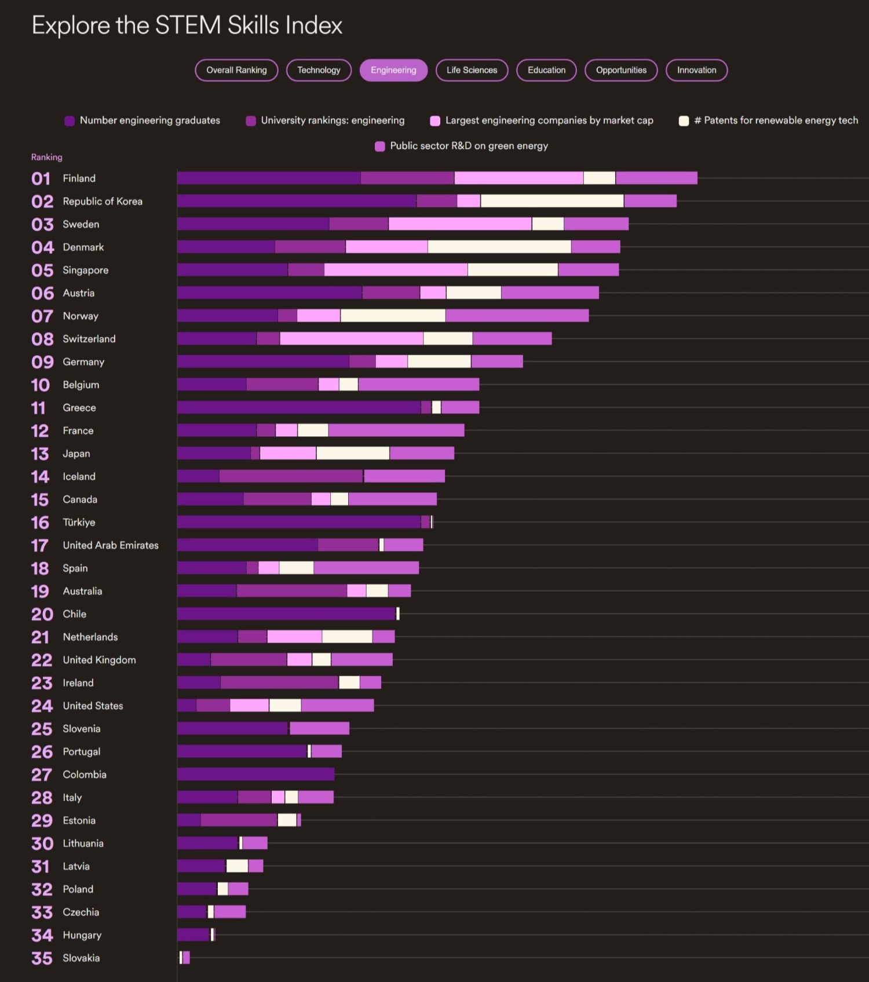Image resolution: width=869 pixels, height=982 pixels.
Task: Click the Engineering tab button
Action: (393, 70)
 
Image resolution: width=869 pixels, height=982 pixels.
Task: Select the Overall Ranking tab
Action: (236, 70)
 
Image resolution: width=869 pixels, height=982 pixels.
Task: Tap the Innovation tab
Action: (696, 70)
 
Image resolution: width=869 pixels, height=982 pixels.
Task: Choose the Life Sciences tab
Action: (472, 70)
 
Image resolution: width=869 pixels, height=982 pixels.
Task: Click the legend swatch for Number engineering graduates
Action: (70, 121)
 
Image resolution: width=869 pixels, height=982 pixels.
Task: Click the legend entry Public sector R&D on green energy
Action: (469, 146)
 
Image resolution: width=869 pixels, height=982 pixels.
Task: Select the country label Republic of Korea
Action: (103, 201)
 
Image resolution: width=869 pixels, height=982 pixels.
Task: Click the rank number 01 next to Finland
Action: (41, 178)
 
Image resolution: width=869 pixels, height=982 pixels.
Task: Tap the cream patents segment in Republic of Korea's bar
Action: (552, 201)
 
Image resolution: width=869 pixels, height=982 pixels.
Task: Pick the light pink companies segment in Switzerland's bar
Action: (351, 339)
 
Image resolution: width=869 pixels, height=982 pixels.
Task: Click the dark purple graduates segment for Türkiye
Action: (298, 522)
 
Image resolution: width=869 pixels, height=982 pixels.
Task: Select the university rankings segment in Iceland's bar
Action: (291, 476)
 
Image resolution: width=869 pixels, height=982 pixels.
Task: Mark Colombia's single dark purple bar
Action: (255, 774)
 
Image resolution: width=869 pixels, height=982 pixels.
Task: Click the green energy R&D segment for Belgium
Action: (418, 384)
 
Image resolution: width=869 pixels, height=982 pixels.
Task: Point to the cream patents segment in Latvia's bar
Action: (237, 866)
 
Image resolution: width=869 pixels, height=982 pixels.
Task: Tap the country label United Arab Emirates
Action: (111, 545)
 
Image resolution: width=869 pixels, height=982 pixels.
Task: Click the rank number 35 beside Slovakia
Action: (42, 958)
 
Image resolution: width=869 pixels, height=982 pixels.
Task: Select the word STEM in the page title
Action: (188, 25)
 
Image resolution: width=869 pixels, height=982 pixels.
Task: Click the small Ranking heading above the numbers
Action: (46, 157)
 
